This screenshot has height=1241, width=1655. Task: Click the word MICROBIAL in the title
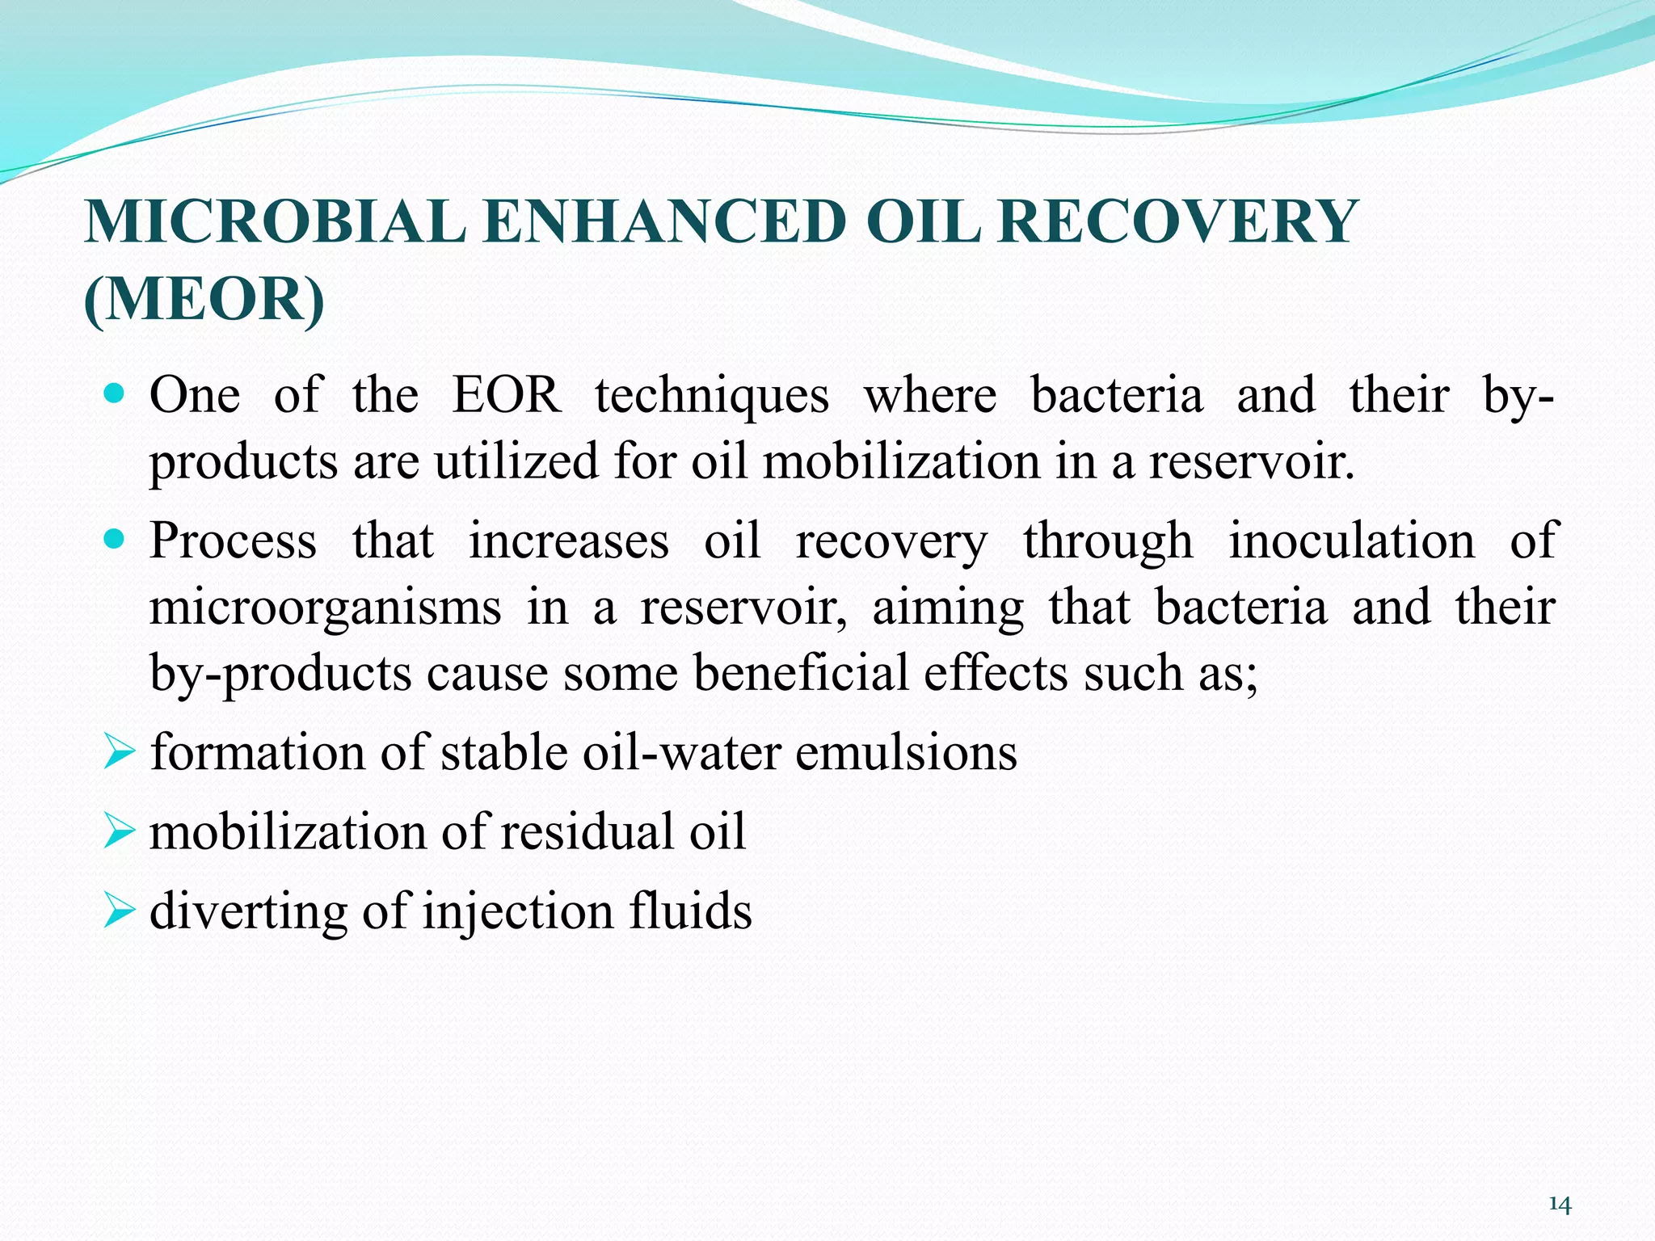[275, 222]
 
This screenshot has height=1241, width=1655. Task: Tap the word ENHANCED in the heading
[666, 222]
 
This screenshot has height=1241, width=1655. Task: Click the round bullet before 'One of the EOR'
[115, 395]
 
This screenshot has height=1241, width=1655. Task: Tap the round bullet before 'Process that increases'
[115, 539]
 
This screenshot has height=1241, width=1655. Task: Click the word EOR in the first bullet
[507, 396]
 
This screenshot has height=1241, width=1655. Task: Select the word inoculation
[1351, 541]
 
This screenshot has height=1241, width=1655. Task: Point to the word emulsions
[906, 753]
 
